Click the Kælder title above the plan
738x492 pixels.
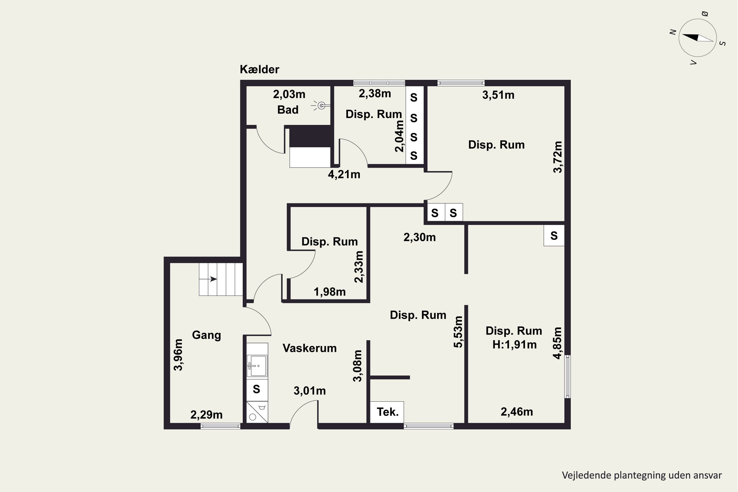click(x=260, y=69)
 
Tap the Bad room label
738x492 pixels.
click(x=288, y=110)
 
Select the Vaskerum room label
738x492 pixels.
click(x=309, y=348)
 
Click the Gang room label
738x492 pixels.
click(x=206, y=335)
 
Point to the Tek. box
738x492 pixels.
click(x=387, y=412)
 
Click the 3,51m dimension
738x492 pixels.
click(x=498, y=95)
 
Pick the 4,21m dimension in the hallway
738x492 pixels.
click(x=344, y=174)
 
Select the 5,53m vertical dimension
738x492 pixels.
click(x=458, y=332)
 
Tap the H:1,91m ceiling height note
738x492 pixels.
click(x=514, y=345)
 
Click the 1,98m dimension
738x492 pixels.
click(x=330, y=292)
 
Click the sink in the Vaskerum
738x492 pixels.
click(x=257, y=366)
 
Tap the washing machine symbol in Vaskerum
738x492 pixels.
click(x=257, y=412)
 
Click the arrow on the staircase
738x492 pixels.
click(x=209, y=279)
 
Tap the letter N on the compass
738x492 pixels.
click(x=673, y=32)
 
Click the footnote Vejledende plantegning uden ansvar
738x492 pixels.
click(x=642, y=475)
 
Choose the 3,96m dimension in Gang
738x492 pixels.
click(x=178, y=355)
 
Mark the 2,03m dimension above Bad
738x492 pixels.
click(x=289, y=94)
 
